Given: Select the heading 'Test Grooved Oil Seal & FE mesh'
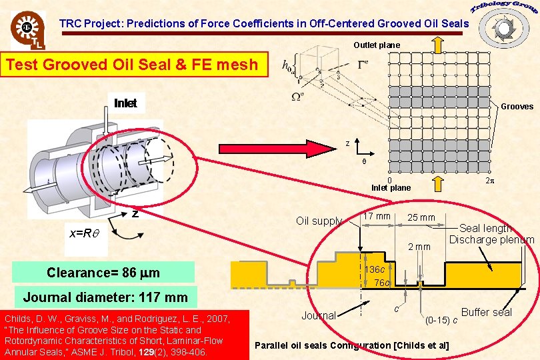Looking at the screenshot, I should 131,65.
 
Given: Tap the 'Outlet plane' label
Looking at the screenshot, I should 377,45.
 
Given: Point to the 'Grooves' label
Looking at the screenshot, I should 517,106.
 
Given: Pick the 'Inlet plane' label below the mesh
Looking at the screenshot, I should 391,187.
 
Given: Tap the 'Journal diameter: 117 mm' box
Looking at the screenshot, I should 105,297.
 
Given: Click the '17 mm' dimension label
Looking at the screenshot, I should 377,216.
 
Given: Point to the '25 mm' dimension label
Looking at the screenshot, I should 421,217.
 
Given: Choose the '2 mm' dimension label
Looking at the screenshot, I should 419,247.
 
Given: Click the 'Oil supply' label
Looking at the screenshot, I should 319,221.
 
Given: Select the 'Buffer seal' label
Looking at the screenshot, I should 487,312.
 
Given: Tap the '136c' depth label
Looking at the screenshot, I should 377,269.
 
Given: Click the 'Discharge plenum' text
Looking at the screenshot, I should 492,240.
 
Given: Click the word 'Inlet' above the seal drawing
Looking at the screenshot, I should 125,103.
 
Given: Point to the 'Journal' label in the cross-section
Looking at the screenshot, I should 318,315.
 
